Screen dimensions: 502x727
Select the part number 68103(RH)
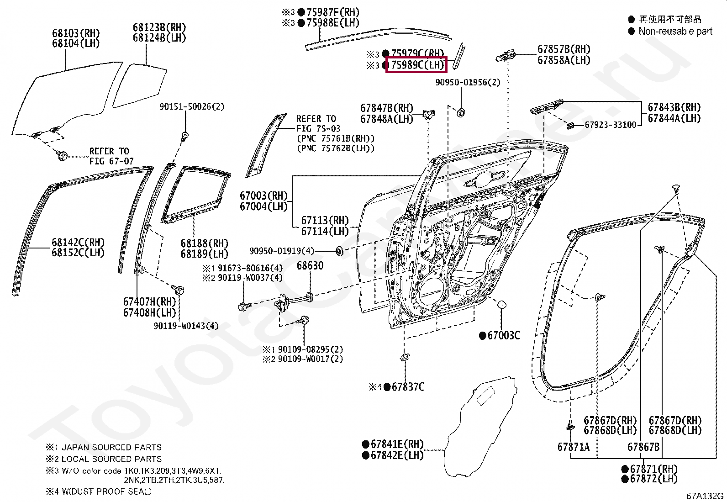[75, 33]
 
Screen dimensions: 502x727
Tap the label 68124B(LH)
[159, 38]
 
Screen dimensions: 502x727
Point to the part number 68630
[310, 265]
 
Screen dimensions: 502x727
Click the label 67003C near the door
[503, 336]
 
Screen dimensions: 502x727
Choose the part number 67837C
[408, 387]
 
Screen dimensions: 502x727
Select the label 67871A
[573, 447]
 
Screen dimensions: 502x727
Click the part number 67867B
[643, 447]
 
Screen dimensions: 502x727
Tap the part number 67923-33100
[611, 125]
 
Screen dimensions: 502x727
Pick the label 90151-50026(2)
[192, 106]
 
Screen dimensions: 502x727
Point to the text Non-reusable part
[675, 31]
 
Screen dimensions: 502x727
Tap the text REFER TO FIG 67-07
[109, 156]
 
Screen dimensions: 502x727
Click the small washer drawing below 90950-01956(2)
[461, 112]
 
